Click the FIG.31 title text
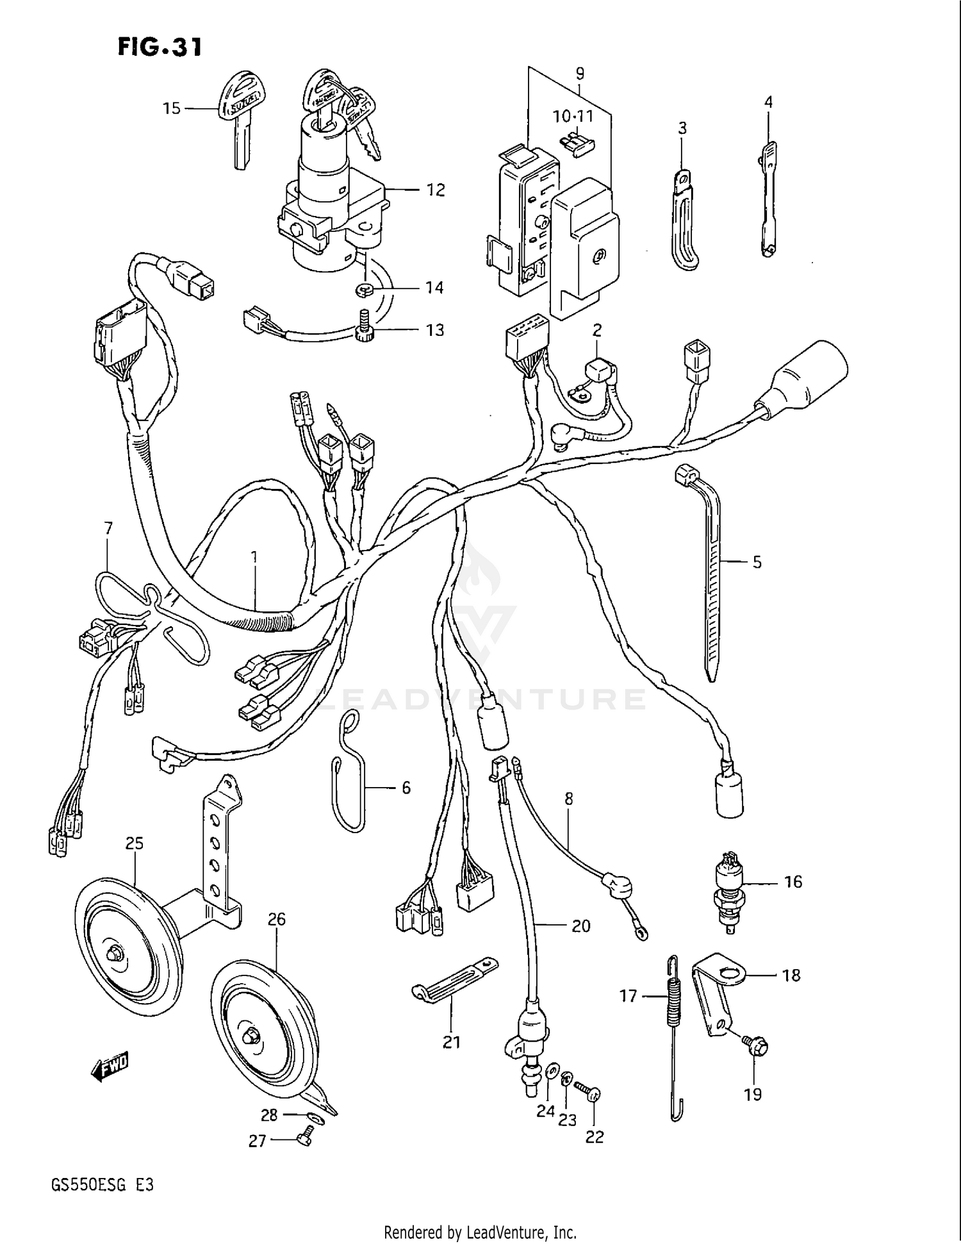[x=160, y=47]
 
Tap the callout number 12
[x=436, y=190]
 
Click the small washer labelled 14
[x=363, y=290]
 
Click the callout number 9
[x=579, y=74]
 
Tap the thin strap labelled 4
[x=768, y=199]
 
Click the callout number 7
[x=108, y=528]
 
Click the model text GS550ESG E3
[x=103, y=1185]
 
